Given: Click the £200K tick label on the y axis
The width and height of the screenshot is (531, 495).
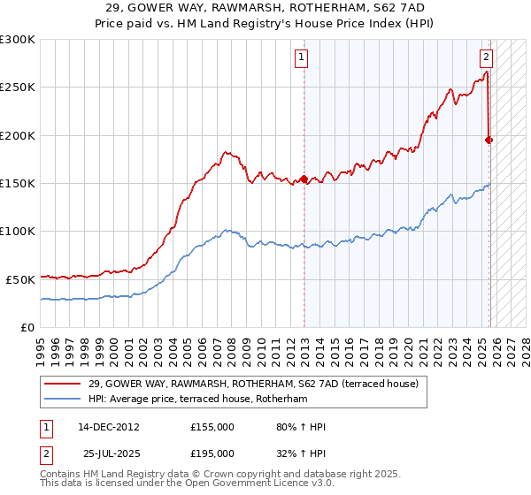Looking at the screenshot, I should tap(17, 135).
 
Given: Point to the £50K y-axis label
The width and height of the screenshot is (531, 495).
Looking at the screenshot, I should tap(19, 279).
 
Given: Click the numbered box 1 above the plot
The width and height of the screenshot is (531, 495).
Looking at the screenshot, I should tap(301, 57).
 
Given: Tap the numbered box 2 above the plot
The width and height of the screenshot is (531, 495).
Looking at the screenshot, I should tap(486, 57).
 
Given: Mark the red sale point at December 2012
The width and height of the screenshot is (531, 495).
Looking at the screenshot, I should tap(304, 179).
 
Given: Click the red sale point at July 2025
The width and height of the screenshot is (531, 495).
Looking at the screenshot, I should tap(489, 140).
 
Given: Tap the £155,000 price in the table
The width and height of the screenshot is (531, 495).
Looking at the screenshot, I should tap(212, 428).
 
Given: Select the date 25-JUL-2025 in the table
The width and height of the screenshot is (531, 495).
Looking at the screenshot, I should tap(112, 453).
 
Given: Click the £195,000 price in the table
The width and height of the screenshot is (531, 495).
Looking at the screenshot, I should tap(212, 453).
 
